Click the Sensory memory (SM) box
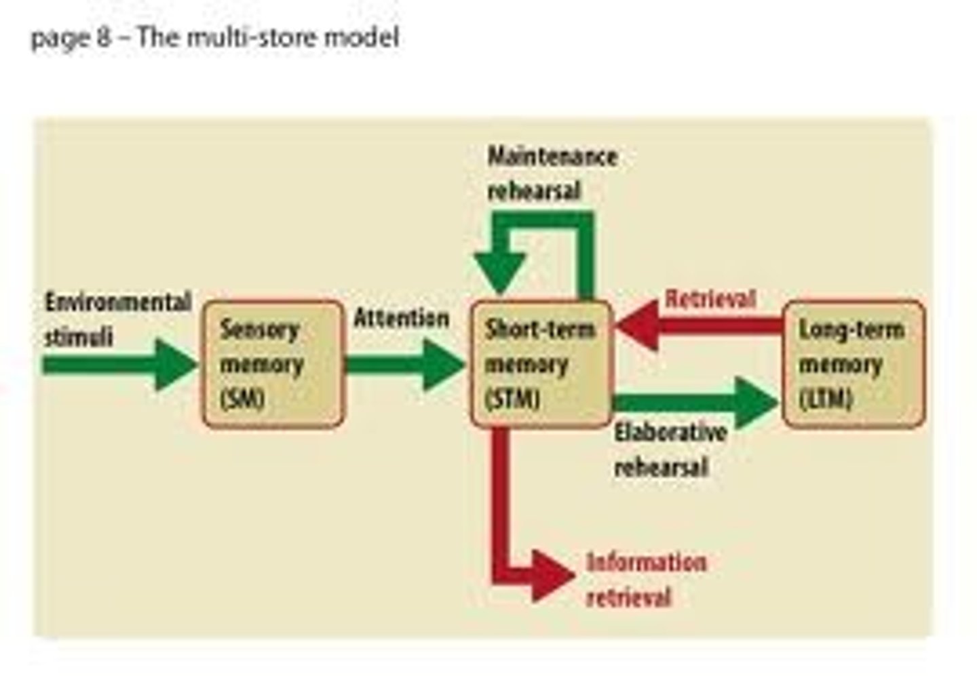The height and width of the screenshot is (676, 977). pos(273,364)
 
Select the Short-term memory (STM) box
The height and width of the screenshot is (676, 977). pos(541,364)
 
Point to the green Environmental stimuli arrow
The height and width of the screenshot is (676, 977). pos(119,365)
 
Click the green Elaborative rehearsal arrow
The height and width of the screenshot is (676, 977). pos(695,403)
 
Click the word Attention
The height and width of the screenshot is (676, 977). pos(402,318)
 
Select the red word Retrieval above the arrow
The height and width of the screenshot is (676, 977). pos(710,299)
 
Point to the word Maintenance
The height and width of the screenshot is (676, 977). pos(552,157)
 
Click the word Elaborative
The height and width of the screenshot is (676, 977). pos(670,433)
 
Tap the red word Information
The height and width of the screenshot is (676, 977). pos(647,563)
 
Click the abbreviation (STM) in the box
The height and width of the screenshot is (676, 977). pos(513,399)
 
